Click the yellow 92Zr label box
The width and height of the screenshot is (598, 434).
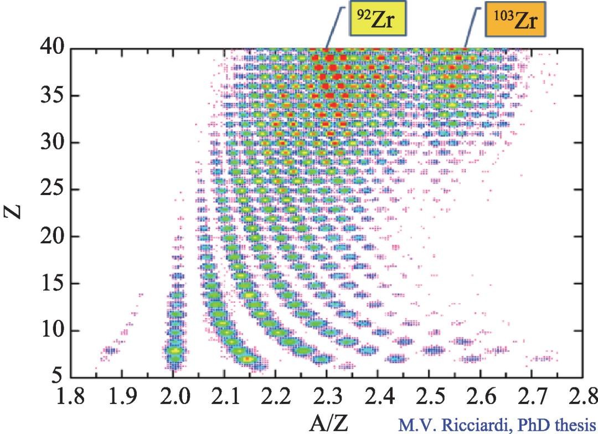pos(375,22)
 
